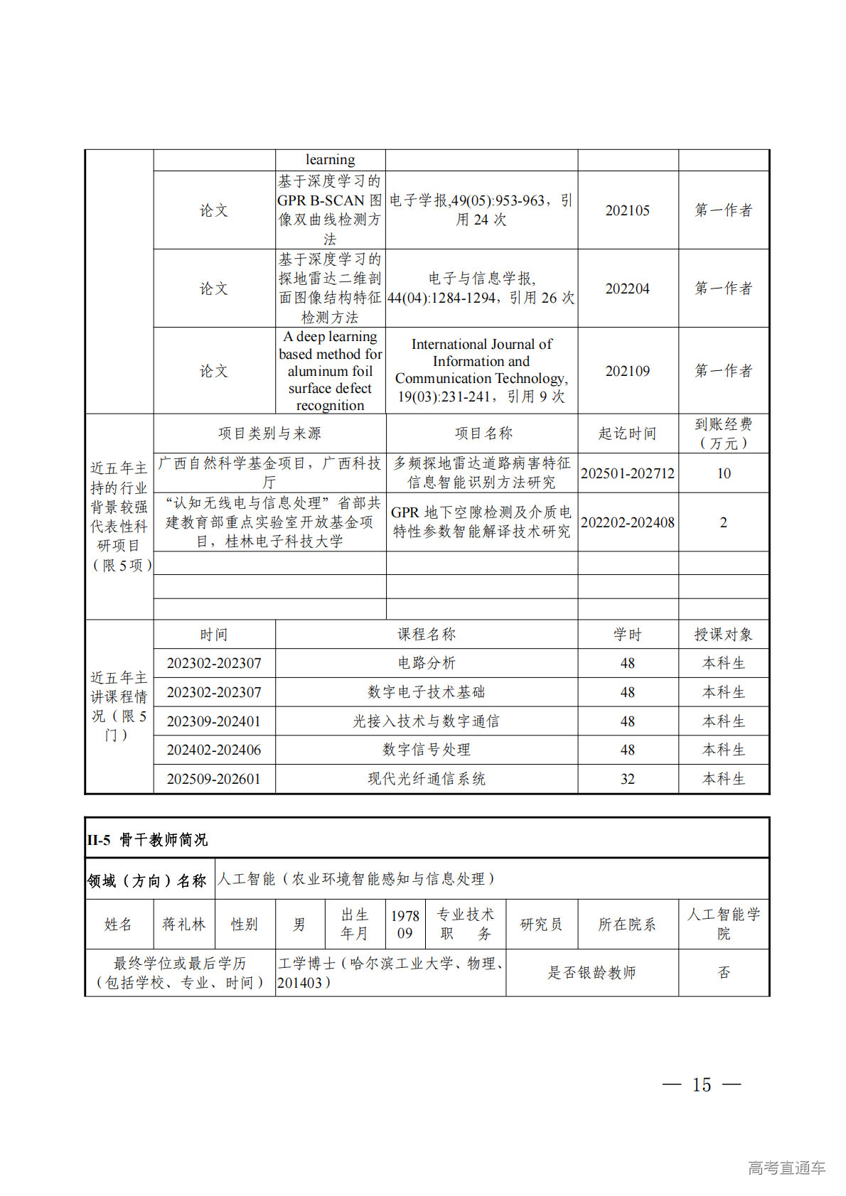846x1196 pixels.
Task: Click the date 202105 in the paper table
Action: click(x=627, y=210)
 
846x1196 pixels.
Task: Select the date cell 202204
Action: click(x=627, y=289)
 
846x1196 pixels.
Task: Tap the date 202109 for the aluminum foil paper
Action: click(x=627, y=371)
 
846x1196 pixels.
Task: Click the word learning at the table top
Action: click(x=330, y=160)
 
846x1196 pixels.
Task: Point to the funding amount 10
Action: click(x=723, y=473)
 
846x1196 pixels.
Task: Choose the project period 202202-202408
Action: click(x=627, y=522)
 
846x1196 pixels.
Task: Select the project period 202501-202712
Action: click(x=627, y=473)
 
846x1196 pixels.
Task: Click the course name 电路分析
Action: click(x=426, y=663)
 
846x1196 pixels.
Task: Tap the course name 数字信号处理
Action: click(x=426, y=750)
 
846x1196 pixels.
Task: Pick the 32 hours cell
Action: click(x=627, y=779)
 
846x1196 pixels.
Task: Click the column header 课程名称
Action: click(x=426, y=635)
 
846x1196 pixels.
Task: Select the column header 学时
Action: click(x=627, y=635)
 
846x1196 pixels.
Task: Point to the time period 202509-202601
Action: click(x=213, y=779)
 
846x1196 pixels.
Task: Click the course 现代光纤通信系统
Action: click(x=426, y=779)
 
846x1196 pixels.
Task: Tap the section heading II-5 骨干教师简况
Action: click(x=147, y=840)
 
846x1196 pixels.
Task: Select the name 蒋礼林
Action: click(x=183, y=925)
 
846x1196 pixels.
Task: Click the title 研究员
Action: click(x=541, y=925)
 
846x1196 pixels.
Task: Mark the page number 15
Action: click(x=701, y=1084)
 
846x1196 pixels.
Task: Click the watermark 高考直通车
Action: click(x=786, y=1168)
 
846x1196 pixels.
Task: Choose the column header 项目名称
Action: click(x=483, y=433)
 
